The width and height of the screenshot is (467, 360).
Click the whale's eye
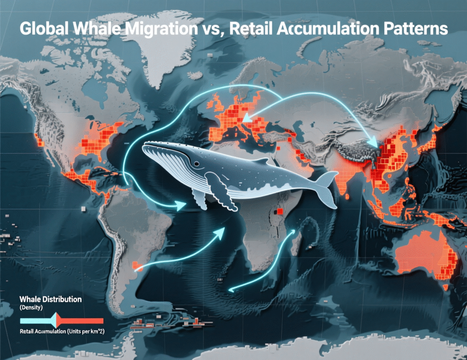[x=196, y=164]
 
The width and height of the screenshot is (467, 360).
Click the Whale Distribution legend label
[x=51, y=299]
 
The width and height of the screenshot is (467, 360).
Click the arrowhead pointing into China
[x=375, y=144]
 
